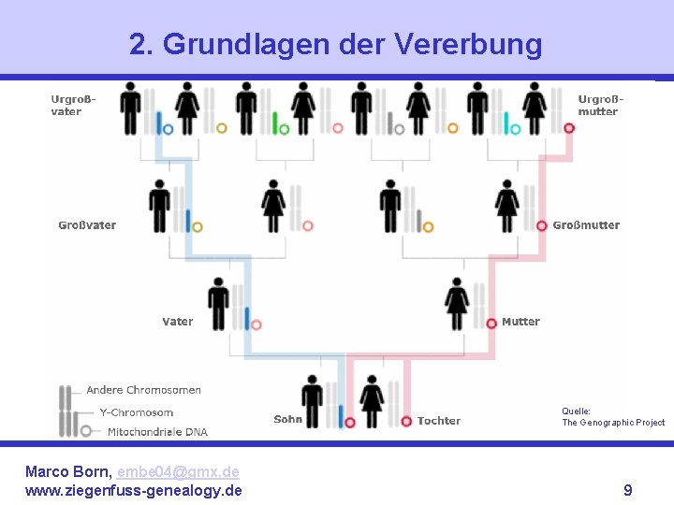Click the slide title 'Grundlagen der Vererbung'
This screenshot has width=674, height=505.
click(x=335, y=44)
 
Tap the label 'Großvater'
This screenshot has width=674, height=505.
click(x=87, y=225)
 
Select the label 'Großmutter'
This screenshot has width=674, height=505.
click(x=586, y=225)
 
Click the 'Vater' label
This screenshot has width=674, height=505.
click(x=177, y=322)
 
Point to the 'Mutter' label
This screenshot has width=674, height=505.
click(x=520, y=322)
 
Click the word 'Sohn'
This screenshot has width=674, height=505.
click(x=287, y=420)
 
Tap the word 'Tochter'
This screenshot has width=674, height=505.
click(x=439, y=421)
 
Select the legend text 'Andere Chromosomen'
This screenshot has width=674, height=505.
click(x=143, y=390)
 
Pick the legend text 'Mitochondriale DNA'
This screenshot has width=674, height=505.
click(x=157, y=432)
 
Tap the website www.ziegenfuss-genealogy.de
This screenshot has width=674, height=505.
click(x=133, y=490)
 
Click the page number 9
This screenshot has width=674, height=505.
click(x=627, y=490)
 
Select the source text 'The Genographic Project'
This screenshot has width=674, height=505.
click(x=613, y=423)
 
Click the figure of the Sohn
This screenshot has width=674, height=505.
click(x=313, y=400)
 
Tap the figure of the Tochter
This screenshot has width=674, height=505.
click(x=373, y=400)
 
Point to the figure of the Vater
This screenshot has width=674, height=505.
click(x=218, y=303)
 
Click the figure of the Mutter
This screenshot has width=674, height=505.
click(x=457, y=303)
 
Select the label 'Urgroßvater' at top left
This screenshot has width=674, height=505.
click(x=66, y=105)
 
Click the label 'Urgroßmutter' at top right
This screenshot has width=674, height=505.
click(x=599, y=105)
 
